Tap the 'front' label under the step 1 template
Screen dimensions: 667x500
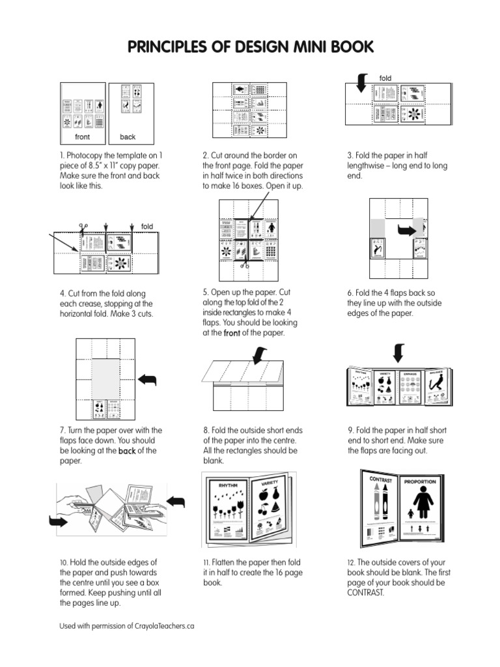pyautogui.click(x=83, y=137)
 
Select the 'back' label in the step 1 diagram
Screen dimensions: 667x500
pyautogui.click(x=128, y=137)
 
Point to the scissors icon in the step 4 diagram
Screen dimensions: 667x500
pyautogui.click(x=83, y=228)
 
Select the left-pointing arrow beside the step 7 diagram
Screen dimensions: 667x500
pyautogui.click(x=149, y=380)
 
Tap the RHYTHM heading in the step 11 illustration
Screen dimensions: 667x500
pyautogui.click(x=227, y=485)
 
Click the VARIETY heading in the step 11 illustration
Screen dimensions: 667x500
pyautogui.click(x=270, y=485)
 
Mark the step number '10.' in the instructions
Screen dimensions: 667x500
pyautogui.click(x=64, y=562)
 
